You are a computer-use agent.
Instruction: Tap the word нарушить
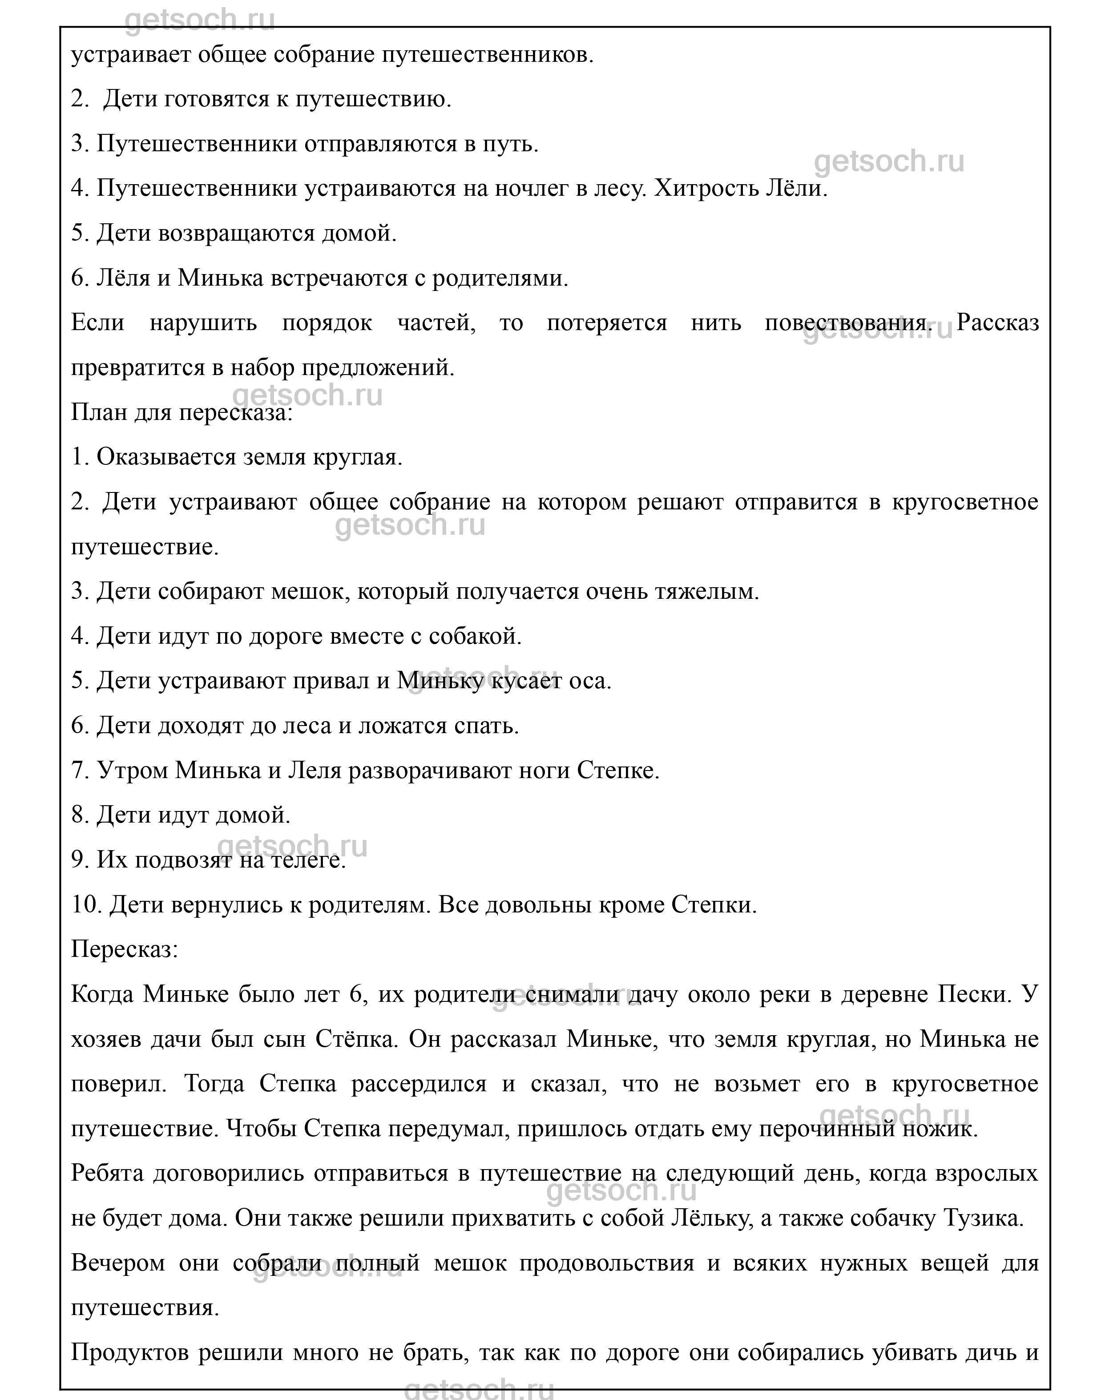tap(203, 323)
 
